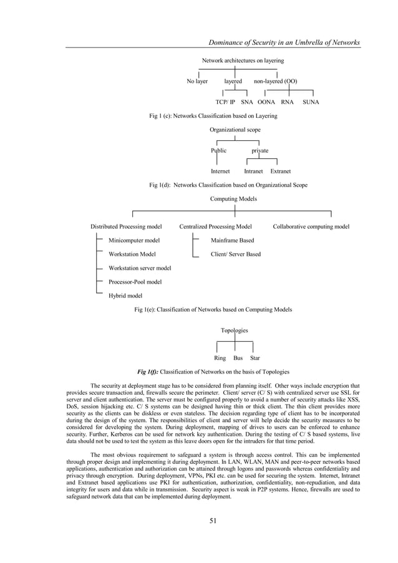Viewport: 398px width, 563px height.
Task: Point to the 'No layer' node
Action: point(197,81)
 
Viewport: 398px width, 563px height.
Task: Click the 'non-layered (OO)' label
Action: point(275,81)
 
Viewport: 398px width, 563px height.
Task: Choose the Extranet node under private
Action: point(280,170)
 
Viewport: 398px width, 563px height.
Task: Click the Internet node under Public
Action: point(220,170)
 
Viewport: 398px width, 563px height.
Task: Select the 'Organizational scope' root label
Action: point(235,130)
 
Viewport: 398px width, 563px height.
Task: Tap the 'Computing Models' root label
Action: point(235,199)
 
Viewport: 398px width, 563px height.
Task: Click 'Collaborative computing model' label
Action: point(311,226)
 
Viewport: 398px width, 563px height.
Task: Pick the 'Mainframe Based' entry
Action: point(232,240)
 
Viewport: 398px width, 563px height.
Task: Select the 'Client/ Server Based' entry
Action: point(236,254)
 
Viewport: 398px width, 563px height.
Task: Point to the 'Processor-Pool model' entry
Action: point(135,282)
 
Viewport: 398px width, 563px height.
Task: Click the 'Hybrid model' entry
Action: point(125,296)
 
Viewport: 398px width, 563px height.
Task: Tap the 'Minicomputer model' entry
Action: point(134,240)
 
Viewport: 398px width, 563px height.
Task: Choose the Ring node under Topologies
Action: point(220,358)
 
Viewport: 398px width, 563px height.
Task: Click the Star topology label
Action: point(255,358)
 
